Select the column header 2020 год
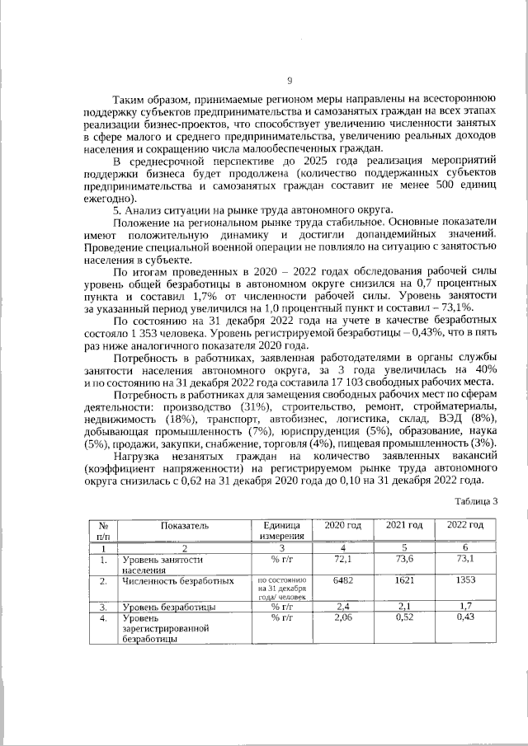coord(342,525)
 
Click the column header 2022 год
coord(464,525)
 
